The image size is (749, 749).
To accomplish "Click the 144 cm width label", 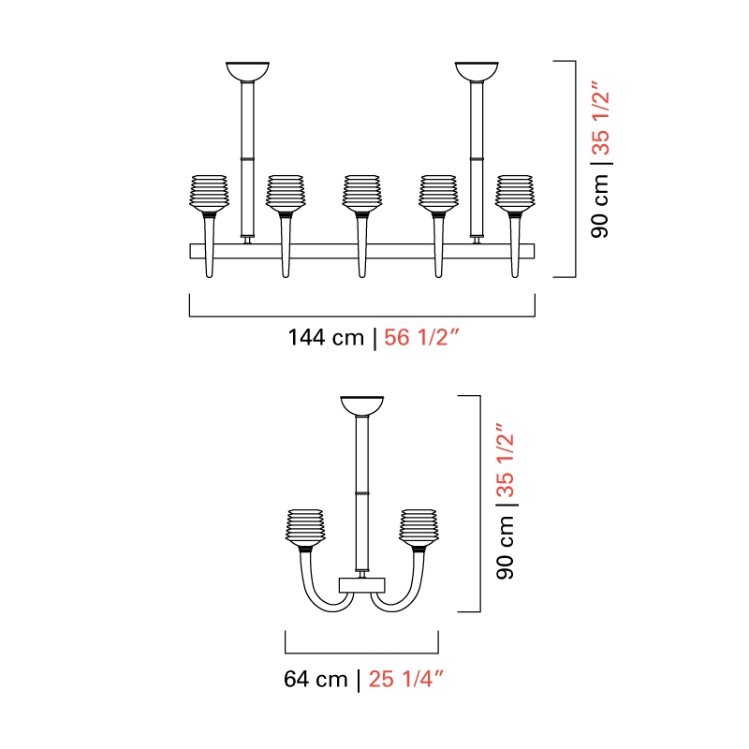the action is tap(326, 338).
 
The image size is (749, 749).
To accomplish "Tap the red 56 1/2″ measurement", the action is tap(420, 338).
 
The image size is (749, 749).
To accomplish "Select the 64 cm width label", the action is tap(316, 679).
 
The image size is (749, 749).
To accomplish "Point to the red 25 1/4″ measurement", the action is tap(406, 679).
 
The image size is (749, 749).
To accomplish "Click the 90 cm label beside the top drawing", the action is tap(600, 206).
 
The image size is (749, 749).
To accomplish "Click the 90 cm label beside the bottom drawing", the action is tap(505, 548).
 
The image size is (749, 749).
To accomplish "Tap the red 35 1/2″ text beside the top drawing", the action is tap(600, 118).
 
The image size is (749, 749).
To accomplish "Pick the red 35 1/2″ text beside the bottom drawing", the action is tap(505, 460).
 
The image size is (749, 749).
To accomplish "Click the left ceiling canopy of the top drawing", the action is tap(247, 71).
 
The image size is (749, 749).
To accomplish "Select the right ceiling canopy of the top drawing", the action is tap(477, 71).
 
